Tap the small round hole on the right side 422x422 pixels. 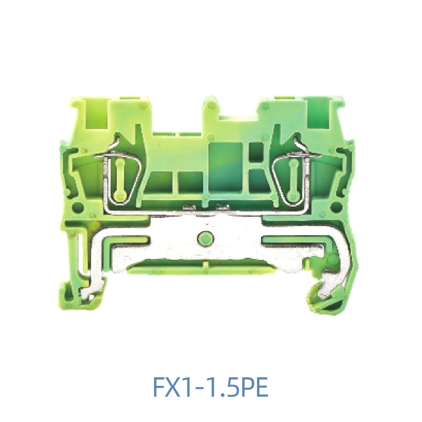click(336, 207)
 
